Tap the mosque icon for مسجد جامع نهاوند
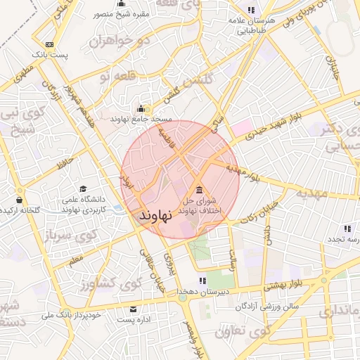click(141, 109)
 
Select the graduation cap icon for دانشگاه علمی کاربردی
click(83, 190)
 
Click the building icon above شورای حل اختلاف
click(199, 190)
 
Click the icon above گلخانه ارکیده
click(18, 200)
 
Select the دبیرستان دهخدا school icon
click(202, 281)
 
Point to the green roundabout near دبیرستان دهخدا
click(183, 297)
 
